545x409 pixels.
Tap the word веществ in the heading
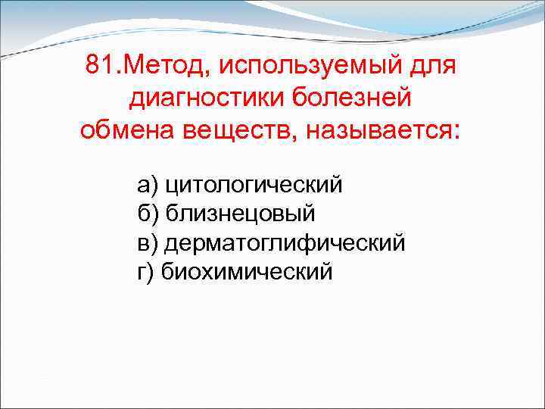click(x=234, y=129)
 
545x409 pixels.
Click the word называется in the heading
click(x=378, y=129)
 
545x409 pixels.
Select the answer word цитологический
click(x=254, y=184)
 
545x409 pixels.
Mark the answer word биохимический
click(x=247, y=270)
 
